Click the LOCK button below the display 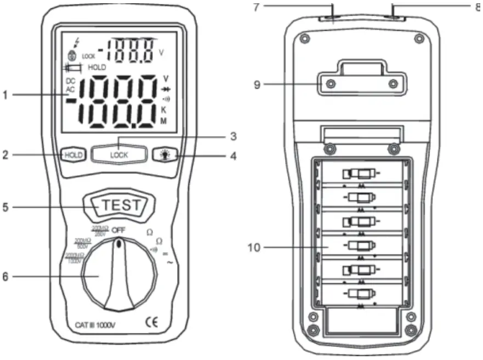(x=119, y=155)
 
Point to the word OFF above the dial (x=119, y=231)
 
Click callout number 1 (x=5, y=95)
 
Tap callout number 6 (x=5, y=277)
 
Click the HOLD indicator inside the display (x=97, y=67)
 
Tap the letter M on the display (x=163, y=121)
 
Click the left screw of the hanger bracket (x=330, y=84)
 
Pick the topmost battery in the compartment (x=360, y=174)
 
